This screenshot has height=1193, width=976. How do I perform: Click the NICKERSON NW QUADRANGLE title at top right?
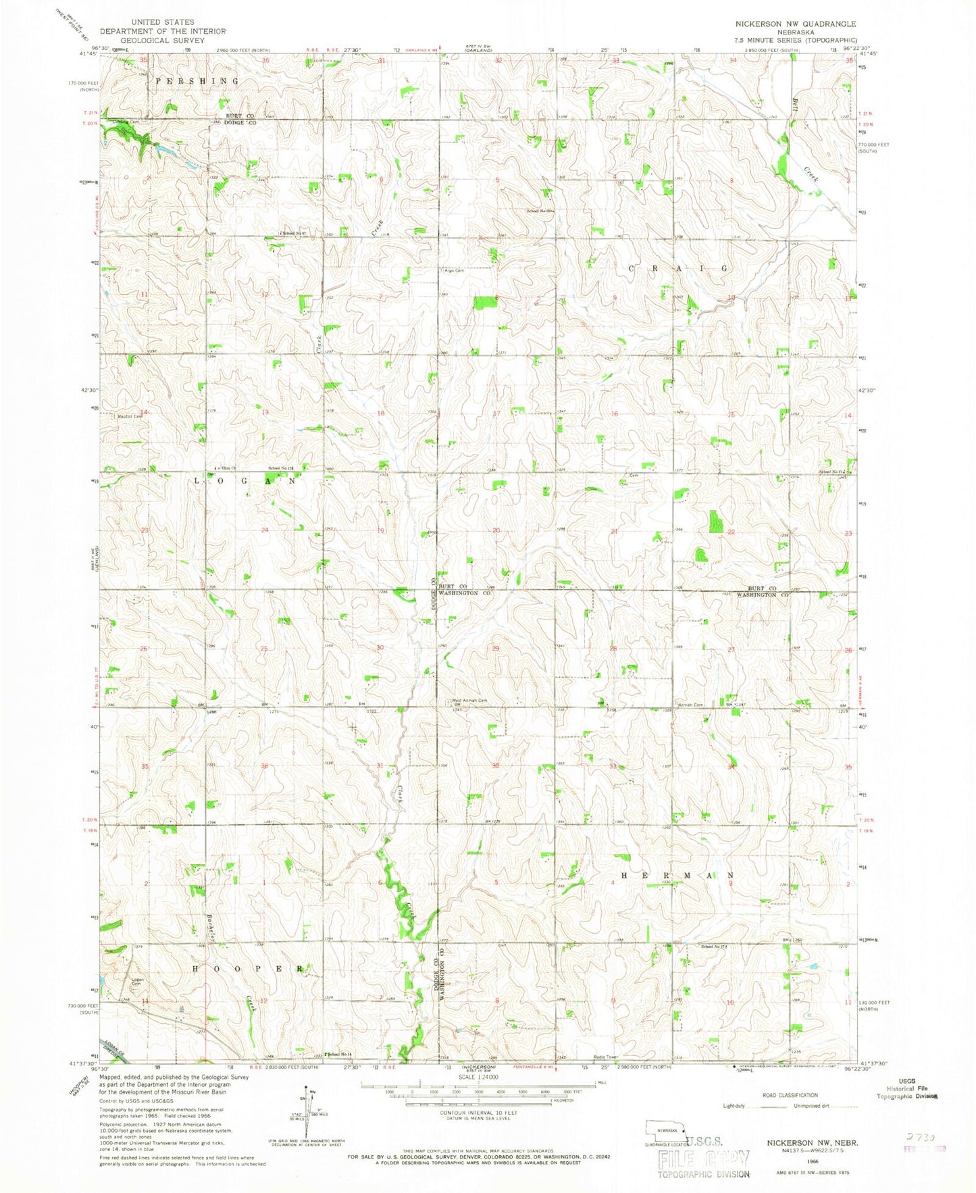[795, 24]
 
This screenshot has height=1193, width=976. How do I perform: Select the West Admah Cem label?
[469, 701]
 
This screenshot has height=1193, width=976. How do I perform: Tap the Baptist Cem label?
[131, 417]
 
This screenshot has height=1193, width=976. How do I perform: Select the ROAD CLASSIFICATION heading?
[790, 1095]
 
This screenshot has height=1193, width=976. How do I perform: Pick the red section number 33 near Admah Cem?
[613, 766]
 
